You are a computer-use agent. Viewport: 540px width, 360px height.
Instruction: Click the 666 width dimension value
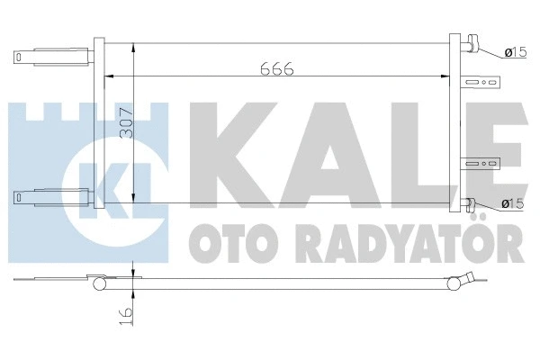[279, 67]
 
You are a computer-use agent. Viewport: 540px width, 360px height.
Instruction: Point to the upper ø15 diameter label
[515, 53]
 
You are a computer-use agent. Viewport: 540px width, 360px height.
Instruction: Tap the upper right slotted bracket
[481, 85]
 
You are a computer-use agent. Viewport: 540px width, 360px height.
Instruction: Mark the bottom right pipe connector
[472, 203]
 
